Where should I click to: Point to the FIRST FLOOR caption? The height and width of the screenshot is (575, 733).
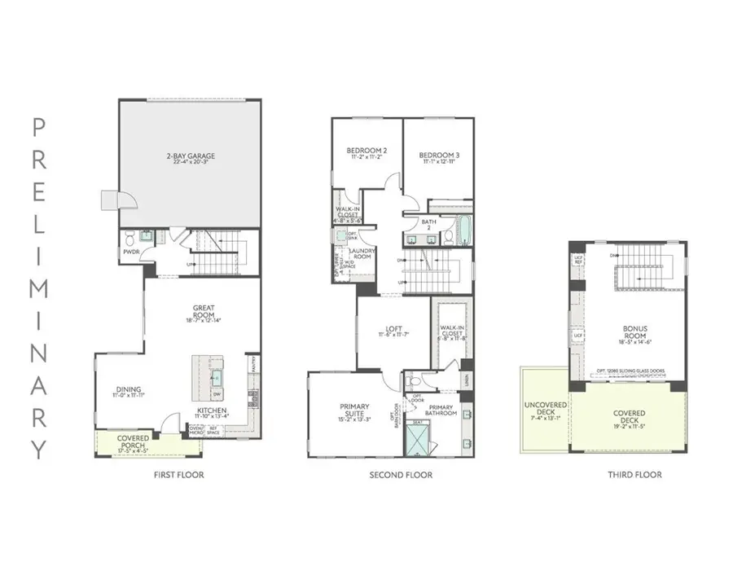(178, 475)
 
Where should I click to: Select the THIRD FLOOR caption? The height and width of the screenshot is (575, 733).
(635, 475)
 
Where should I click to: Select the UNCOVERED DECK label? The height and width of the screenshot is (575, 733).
(544, 408)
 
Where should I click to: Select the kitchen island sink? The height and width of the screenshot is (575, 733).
(216, 377)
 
